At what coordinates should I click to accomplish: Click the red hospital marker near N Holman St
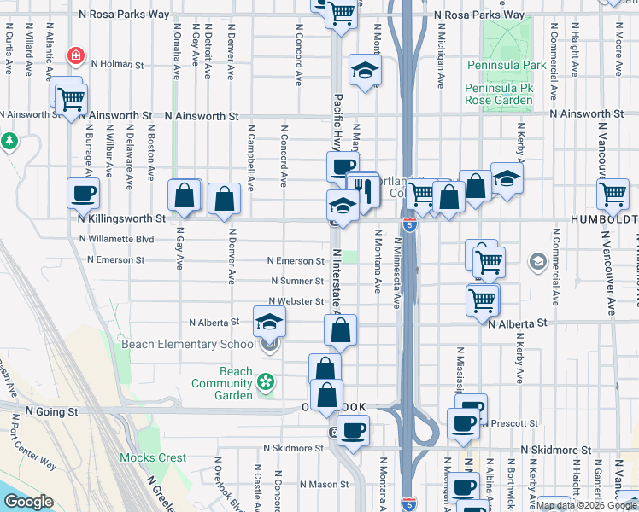(x=77, y=57)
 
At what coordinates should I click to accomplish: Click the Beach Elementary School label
(x=188, y=344)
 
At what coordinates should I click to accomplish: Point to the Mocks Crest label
(x=153, y=457)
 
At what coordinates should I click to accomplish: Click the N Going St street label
(x=51, y=411)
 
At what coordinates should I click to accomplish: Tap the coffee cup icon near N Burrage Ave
(x=84, y=194)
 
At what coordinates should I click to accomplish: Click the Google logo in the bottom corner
(x=28, y=502)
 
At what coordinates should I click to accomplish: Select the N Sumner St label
(x=296, y=281)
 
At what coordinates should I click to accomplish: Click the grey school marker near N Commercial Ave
(x=538, y=260)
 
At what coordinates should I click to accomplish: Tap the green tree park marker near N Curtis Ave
(x=9, y=140)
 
